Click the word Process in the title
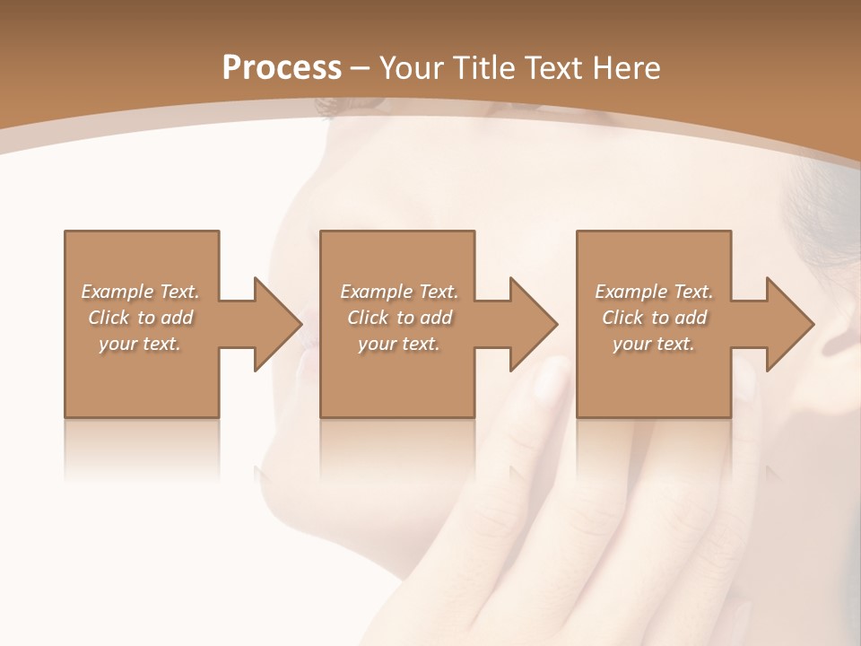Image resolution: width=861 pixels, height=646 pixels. [x=282, y=68]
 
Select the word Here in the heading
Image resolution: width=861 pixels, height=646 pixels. [x=625, y=68]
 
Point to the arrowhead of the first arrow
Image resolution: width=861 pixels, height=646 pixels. [x=279, y=324]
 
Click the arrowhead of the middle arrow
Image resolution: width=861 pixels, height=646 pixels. [x=535, y=324]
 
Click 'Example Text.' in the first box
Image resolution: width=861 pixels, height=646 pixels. [x=140, y=292]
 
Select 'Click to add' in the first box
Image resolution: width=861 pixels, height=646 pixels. [x=140, y=318]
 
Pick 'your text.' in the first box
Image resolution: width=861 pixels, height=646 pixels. [x=140, y=344]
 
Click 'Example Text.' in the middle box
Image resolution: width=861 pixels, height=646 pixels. [x=399, y=292]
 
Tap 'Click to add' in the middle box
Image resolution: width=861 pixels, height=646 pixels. [x=399, y=318]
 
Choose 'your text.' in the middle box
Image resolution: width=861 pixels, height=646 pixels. [x=399, y=344]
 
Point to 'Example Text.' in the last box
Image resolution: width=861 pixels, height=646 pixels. [x=654, y=292]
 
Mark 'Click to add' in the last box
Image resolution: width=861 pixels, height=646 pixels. [x=654, y=318]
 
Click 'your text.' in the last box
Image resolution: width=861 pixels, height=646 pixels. [x=654, y=344]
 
